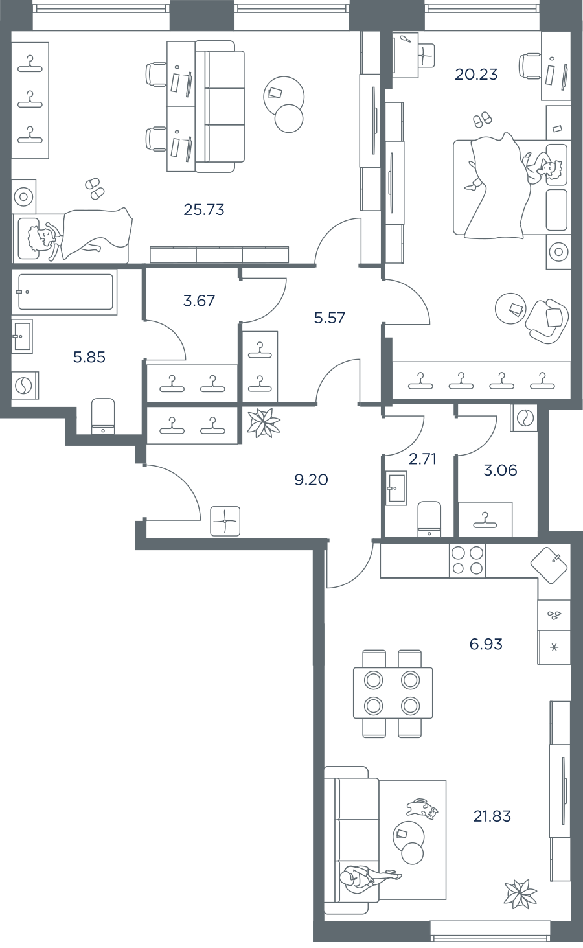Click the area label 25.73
[204, 209]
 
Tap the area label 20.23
[476, 75]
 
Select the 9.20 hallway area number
[311, 480]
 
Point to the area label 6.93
[486, 643]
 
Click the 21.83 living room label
[492, 816]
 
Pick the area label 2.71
[422, 458]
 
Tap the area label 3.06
[500, 470]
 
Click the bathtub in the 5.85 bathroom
[65, 292]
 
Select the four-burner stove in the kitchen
[467, 561]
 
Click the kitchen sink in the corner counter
[549, 566]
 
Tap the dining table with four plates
[393, 693]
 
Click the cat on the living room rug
[422, 807]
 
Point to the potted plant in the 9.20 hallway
[264, 422]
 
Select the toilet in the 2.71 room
[429, 519]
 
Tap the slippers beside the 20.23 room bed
[483, 119]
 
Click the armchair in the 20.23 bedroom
[547, 321]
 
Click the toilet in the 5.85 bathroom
[103, 416]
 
